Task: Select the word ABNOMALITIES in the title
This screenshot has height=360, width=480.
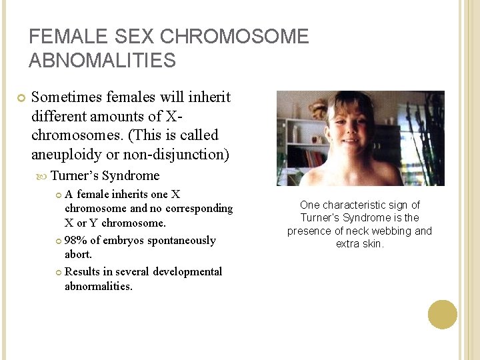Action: coord(102,61)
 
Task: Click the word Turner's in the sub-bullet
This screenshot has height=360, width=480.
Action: coord(74,176)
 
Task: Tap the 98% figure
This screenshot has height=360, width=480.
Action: coord(76,240)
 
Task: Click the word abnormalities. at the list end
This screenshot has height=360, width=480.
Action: coord(99,286)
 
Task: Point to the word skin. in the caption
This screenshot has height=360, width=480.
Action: coord(372,244)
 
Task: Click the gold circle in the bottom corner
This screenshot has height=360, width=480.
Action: coord(443,315)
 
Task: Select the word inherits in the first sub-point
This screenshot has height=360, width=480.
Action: coord(131,195)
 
